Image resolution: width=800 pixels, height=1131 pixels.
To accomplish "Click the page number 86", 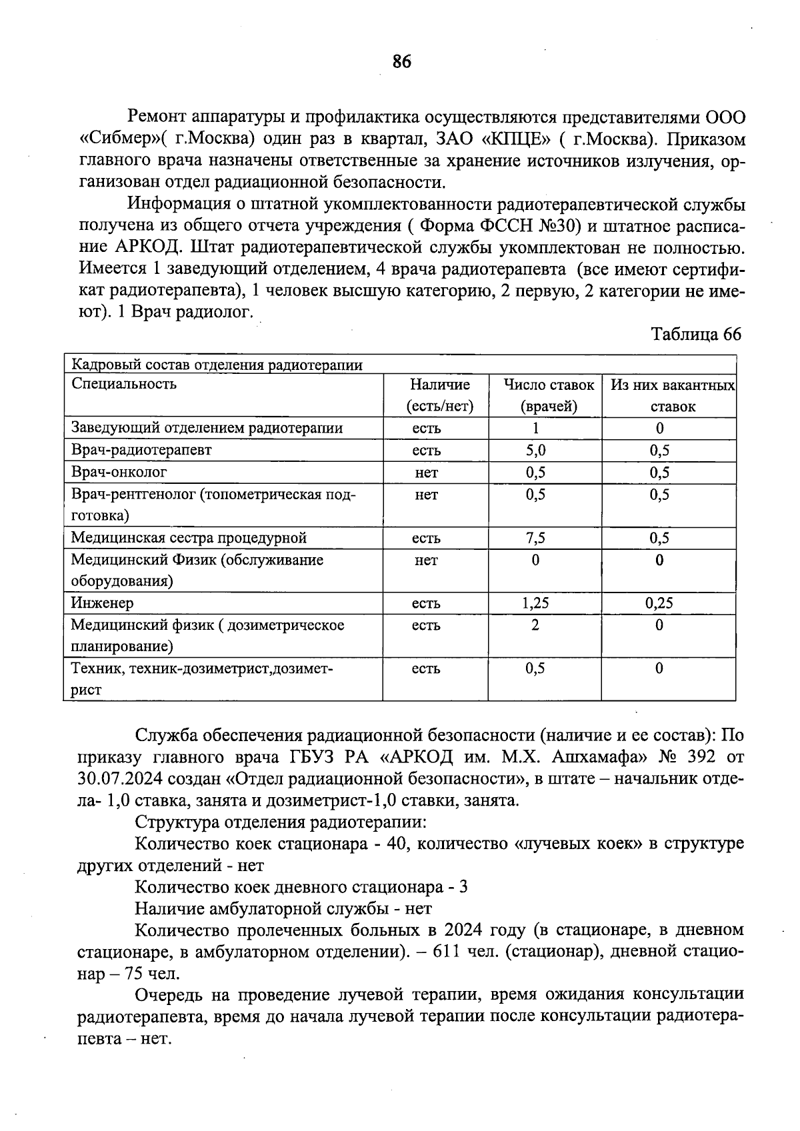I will click(402, 62).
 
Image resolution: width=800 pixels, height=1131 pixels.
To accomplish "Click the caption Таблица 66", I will click(696, 334).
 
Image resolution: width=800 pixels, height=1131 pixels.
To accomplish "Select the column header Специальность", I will click(124, 384).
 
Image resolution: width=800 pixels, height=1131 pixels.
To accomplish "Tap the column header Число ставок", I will click(549, 385).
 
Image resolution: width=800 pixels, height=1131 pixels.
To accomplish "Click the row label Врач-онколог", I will click(119, 472).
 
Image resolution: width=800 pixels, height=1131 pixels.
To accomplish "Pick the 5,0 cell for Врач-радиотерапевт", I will click(535, 450).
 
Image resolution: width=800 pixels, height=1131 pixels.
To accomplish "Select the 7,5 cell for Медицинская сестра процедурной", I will click(535, 538).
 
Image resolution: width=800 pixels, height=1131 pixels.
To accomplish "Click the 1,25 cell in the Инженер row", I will click(535, 603).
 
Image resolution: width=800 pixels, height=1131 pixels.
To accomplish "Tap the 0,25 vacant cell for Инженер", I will click(659, 603).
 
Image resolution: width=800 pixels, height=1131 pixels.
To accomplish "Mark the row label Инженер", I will click(102, 603).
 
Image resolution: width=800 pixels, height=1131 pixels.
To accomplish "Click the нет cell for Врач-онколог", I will click(426, 473).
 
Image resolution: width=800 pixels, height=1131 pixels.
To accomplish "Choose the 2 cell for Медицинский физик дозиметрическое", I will click(535, 625).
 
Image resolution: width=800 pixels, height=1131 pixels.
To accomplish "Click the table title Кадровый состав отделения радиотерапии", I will click(217, 365).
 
